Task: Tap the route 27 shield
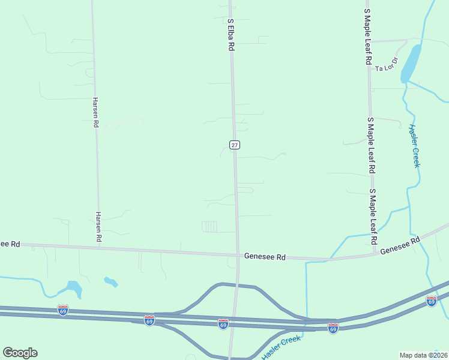pos(235,145)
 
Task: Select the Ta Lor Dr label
pos(387,65)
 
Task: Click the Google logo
pos(20,353)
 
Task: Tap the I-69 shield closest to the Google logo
pos(63,310)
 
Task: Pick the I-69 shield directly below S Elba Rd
pos(223,324)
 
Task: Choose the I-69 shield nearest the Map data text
pos(431,301)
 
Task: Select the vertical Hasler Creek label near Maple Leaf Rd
pos(414,146)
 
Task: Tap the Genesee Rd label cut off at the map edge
pos(10,244)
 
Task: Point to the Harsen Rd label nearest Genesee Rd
pos(99,227)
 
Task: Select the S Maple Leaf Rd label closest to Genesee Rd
pos(373,216)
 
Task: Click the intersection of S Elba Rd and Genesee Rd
pos(238,254)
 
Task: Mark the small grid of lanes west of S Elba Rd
pos(209,226)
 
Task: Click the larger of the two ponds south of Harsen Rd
pos(74,289)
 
